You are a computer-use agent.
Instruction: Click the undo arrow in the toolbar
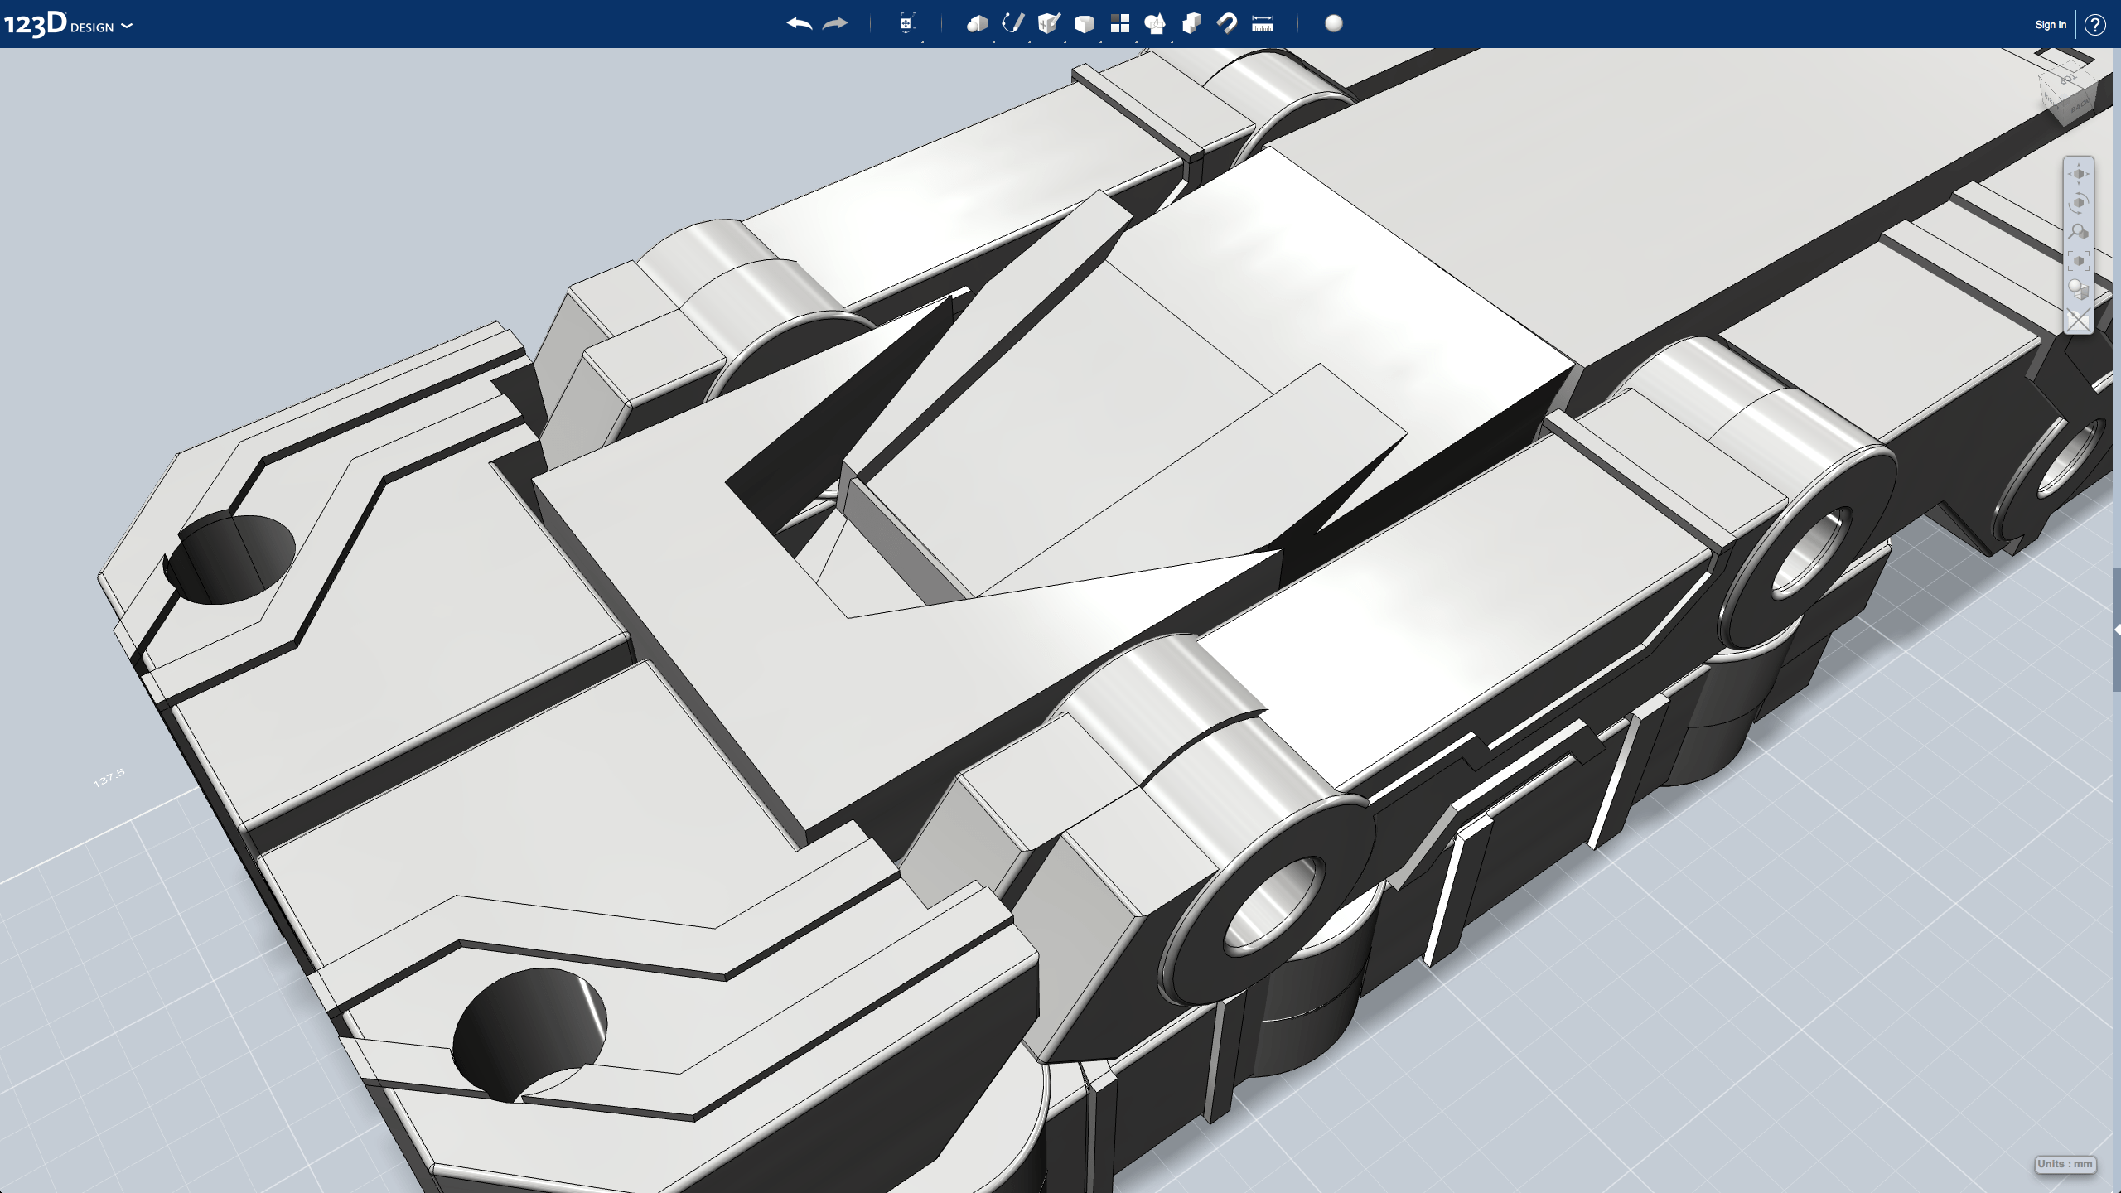tap(799, 24)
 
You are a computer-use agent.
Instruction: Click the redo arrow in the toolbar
tap(835, 24)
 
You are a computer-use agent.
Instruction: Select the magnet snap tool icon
tap(1227, 23)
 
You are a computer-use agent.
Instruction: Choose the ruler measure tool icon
tap(1263, 24)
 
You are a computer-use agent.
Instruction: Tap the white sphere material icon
tap(1334, 23)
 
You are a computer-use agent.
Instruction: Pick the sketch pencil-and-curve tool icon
tap(1012, 23)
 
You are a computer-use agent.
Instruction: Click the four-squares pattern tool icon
tap(1120, 23)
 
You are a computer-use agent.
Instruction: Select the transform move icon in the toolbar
tap(907, 23)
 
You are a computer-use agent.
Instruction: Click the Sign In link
tap(2051, 25)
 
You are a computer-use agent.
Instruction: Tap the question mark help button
tap(2095, 25)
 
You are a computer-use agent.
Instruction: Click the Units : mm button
tap(2065, 1164)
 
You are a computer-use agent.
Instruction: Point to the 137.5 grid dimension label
tap(109, 778)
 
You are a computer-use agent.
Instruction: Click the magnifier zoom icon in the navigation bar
tap(2078, 232)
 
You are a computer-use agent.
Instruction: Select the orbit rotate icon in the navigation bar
tap(2078, 203)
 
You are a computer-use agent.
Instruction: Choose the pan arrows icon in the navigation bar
tap(2078, 174)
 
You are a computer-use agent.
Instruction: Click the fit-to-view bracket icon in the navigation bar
tap(2078, 261)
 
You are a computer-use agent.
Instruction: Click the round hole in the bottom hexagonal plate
tap(530, 1031)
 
